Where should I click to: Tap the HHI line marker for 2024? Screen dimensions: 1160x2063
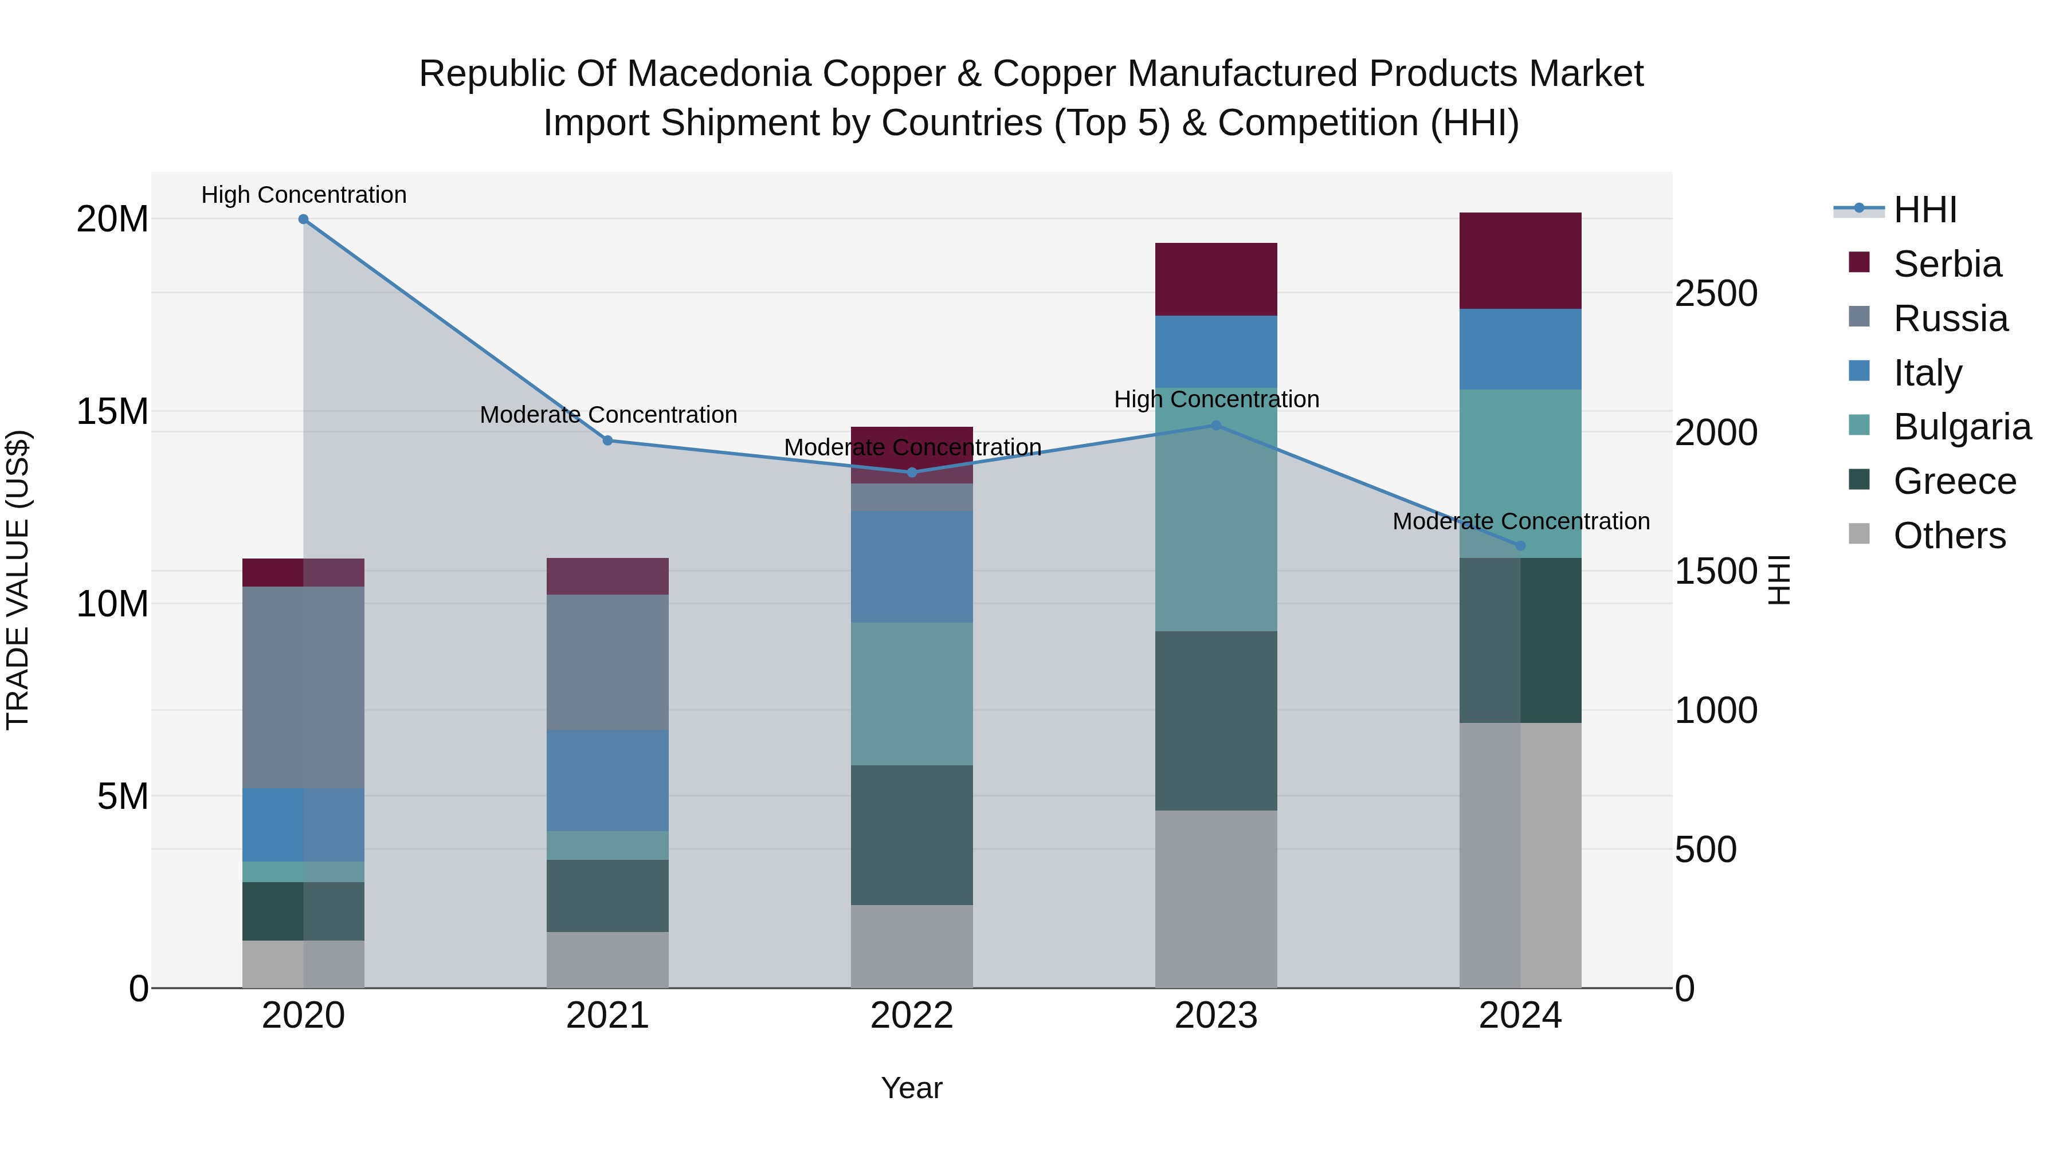pos(1520,546)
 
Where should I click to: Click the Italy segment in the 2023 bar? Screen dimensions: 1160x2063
pos(1215,352)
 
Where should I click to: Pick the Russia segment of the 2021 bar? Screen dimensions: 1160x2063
pos(607,662)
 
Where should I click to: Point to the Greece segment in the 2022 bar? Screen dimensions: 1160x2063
pos(911,835)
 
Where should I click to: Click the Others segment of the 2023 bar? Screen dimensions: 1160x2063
pos(1215,899)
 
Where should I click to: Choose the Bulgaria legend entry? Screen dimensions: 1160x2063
pos(1962,427)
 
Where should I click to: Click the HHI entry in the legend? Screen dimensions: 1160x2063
pos(1924,210)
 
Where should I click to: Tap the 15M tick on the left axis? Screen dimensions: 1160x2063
pos(112,411)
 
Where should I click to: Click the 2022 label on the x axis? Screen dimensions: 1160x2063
pos(911,1016)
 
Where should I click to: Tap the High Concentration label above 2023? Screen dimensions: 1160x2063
pos(1215,399)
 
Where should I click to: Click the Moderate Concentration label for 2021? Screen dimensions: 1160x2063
pos(608,415)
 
